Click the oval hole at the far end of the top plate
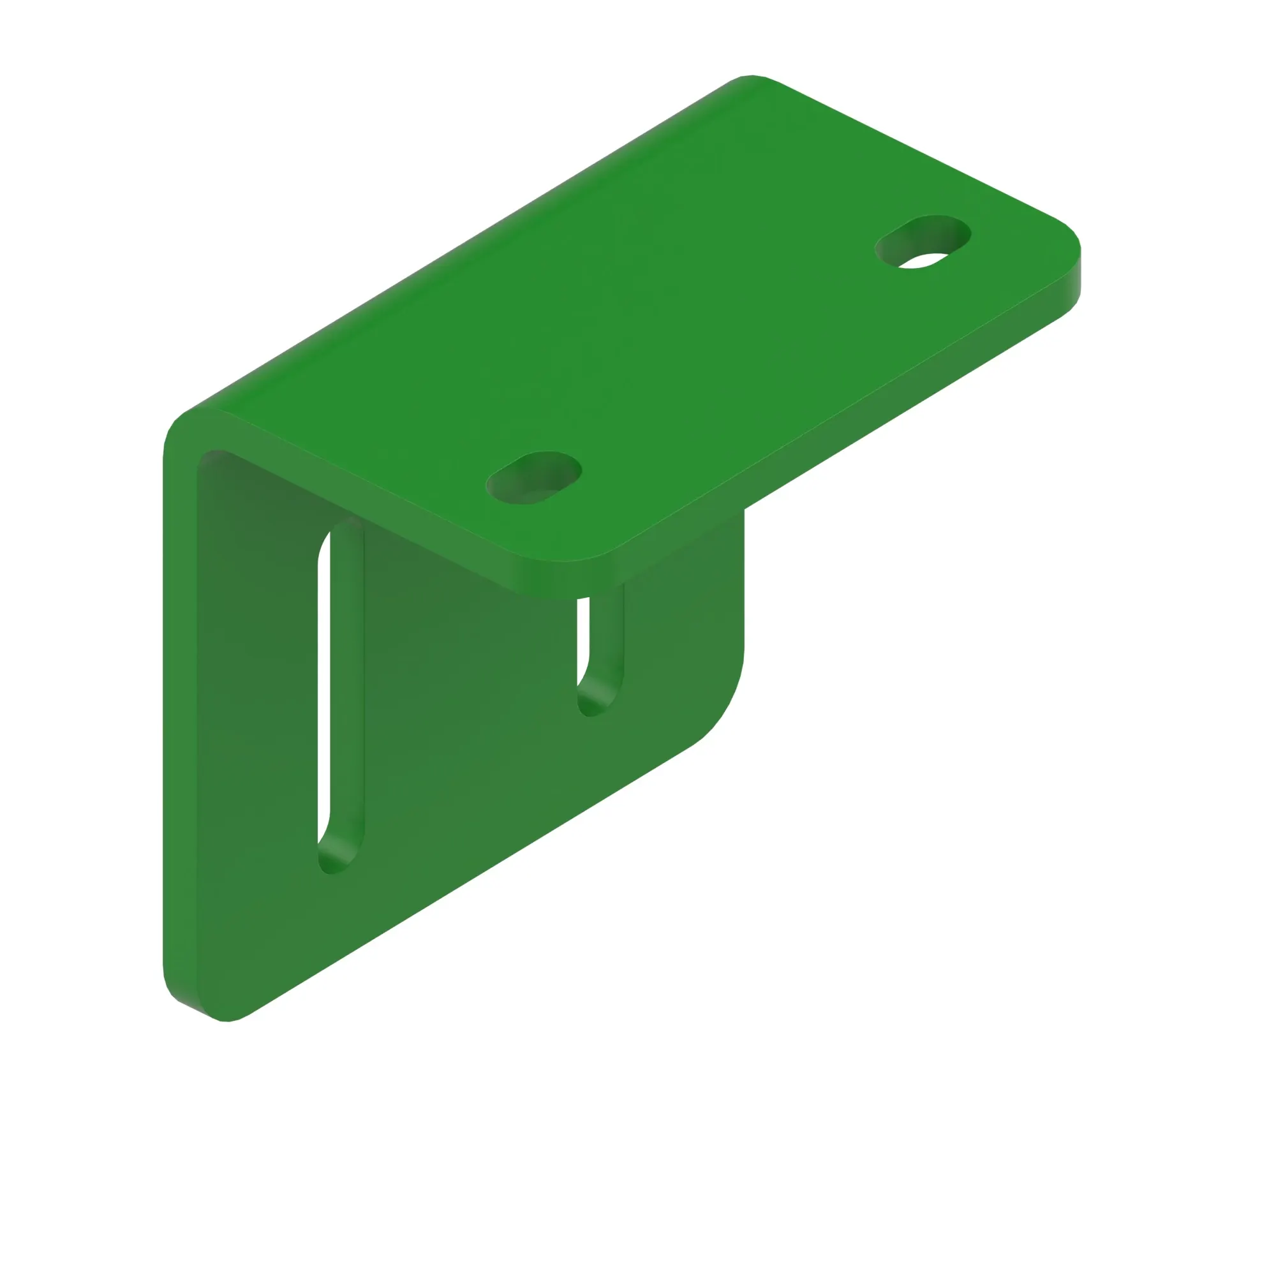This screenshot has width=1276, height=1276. point(922,242)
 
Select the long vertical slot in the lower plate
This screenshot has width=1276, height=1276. point(340,694)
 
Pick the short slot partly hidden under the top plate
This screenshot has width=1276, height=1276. point(600,654)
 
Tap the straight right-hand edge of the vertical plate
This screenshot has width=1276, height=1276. point(744,581)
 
